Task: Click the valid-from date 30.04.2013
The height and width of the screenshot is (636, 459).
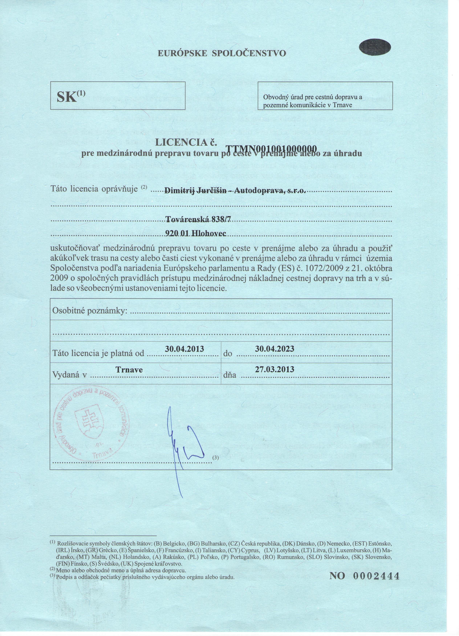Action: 184,349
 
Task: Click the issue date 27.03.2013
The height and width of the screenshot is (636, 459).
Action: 275,369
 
